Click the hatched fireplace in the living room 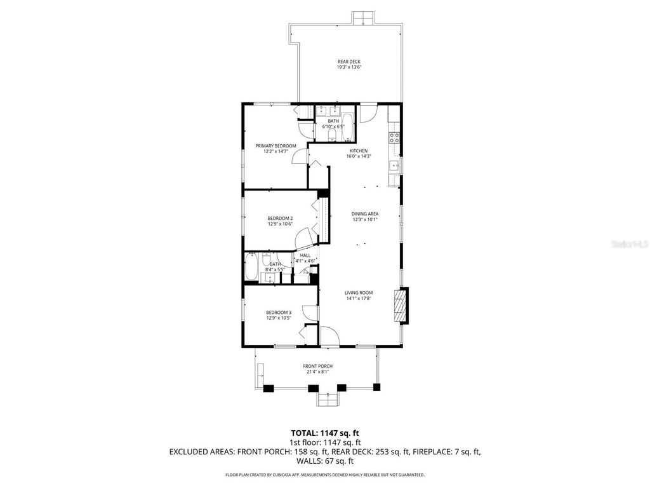coord(401,307)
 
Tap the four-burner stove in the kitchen coord(395,137)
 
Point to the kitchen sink coord(394,166)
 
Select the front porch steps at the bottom coord(328,400)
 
